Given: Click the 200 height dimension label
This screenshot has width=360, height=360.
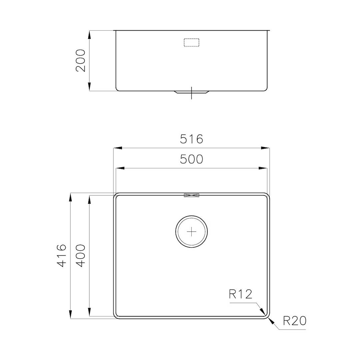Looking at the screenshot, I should (x=81, y=60).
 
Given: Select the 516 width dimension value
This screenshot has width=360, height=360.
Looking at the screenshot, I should (x=191, y=139).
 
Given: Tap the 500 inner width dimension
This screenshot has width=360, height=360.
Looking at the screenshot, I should (x=191, y=159).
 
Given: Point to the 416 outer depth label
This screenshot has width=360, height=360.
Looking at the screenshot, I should (x=62, y=255).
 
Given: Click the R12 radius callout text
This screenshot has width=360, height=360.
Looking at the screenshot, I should (x=240, y=294).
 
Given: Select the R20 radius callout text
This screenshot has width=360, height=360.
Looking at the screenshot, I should (x=294, y=321).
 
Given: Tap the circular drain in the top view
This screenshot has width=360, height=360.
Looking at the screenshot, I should (x=192, y=231).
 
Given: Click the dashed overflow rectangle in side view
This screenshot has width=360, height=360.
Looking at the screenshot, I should (x=192, y=43).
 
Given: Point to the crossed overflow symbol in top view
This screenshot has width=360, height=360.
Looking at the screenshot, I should (x=191, y=196).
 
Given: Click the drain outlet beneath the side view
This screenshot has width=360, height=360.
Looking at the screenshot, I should (x=192, y=92).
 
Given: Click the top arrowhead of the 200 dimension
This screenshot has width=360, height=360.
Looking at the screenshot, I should (x=89, y=35).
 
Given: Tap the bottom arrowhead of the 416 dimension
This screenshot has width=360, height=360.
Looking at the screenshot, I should (x=70, y=314).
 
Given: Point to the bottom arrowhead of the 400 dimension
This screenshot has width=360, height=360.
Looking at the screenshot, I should (x=89, y=312).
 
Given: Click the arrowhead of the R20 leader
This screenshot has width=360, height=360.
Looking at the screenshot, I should (x=271, y=321).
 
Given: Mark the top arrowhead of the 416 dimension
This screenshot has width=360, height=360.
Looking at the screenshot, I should (x=70, y=197).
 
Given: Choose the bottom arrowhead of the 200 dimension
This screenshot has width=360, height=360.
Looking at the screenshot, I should (x=89, y=87).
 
